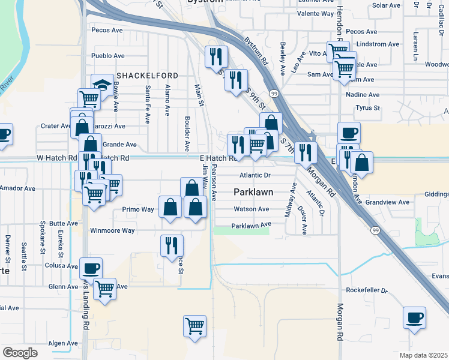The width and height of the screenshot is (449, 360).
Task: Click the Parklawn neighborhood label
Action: (253, 192)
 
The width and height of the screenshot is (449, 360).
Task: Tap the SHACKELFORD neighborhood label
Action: (148, 76)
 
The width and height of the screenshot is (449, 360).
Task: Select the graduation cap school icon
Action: (103, 85)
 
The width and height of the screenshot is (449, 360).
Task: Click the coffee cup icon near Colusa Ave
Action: (91, 268)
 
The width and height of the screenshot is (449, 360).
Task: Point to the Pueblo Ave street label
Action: (107, 56)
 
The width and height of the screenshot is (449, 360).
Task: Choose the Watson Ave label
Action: (251, 209)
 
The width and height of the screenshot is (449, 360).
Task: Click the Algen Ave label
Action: (63, 343)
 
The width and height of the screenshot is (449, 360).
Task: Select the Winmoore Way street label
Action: (112, 230)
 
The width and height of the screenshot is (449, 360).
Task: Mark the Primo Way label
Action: (138, 209)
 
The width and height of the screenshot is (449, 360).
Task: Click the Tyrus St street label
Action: (368, 108)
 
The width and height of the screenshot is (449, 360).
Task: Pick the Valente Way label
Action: (316, 13)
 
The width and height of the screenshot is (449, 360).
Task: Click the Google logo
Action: (20, 352)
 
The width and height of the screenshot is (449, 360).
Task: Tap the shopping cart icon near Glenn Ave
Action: (106, 289)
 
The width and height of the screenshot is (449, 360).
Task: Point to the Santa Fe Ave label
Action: (147, 104)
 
